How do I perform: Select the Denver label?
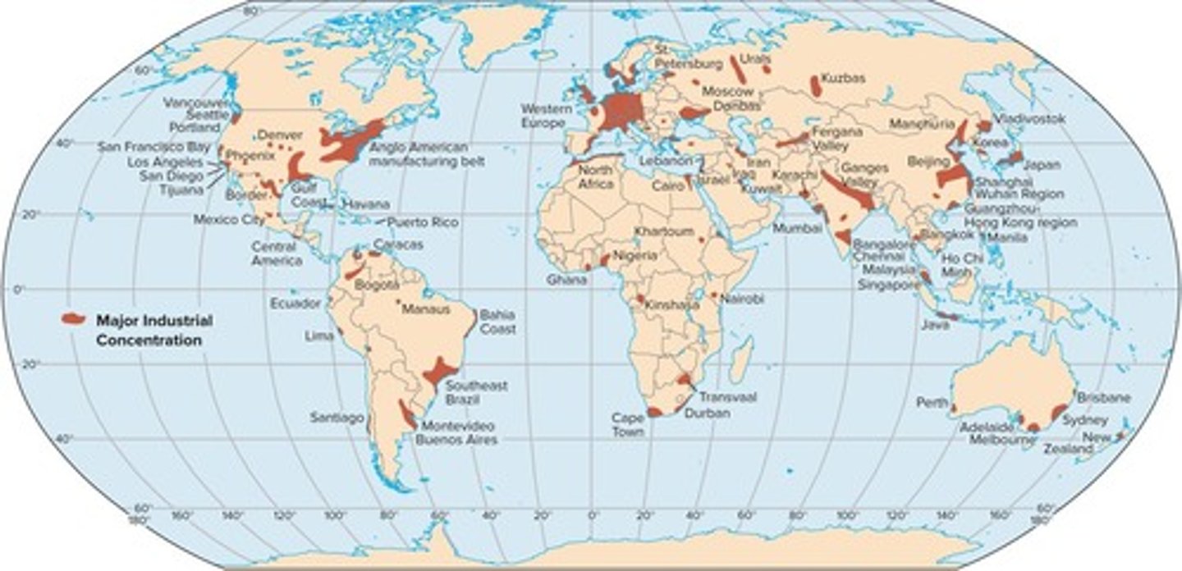click(x=275, y=135)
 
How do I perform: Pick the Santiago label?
click(x=337, y=418)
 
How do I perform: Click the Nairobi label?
click(x=742, y=299)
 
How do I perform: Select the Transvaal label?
click(x=728, y=396)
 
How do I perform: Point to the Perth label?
click(x=932, y=403)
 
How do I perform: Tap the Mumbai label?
click(x=796, y=228)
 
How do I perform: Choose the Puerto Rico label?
click(x=423, y=222)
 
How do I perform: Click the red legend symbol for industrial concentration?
click(x=75, y=318)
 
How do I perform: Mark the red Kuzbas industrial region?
click(x=816, y=85)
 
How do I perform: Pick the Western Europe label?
click(x=543, y=116)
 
